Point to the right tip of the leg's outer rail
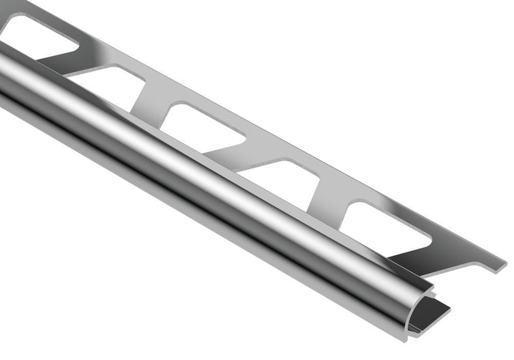pos(501,264)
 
